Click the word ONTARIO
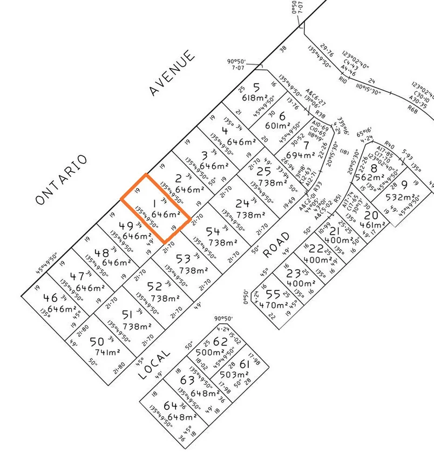click(61, 180)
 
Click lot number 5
click(256, 86)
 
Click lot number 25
click(263, 171)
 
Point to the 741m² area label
click(106, 353)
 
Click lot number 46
click(50, 297)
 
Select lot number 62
click(220, 341)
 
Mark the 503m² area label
click(234, 374)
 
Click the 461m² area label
click(371, 225)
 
